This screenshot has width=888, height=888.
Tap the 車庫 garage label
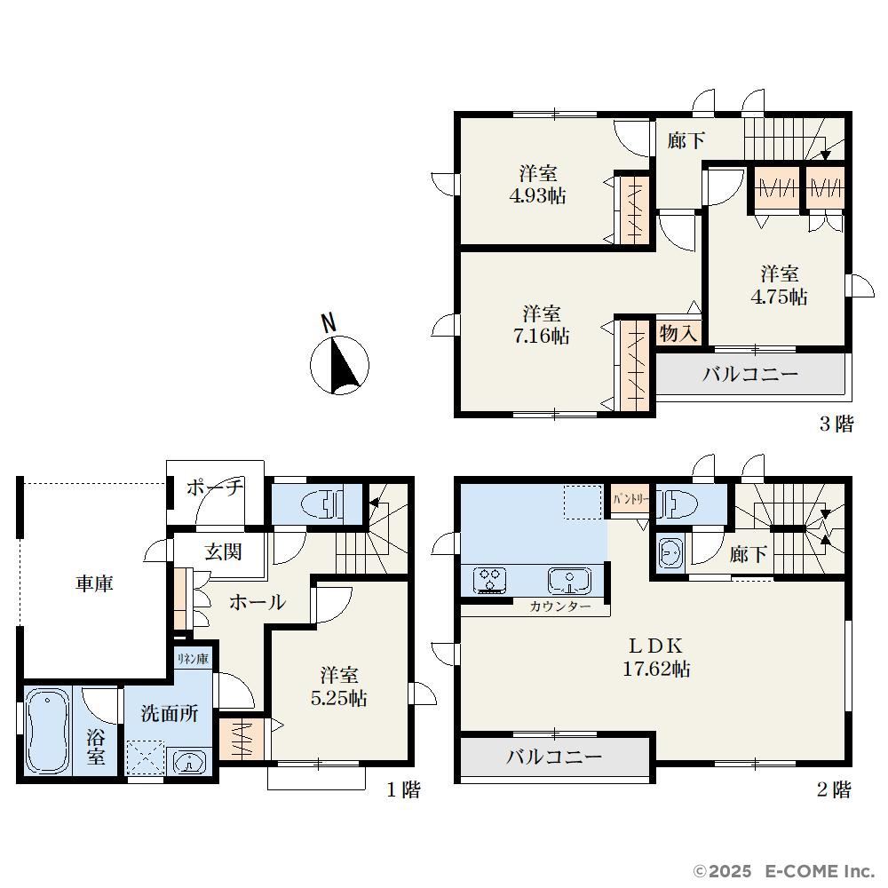click(x=94, y=584)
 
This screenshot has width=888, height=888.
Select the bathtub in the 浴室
click(x=48, y=731)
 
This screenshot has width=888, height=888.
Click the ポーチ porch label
click(x=215, y=487)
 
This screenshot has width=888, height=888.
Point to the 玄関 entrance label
click(x=224, y=552)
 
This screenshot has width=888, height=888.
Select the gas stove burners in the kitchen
click(x=489, y=581)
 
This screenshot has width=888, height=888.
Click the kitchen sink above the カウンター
click(x=569, y=581)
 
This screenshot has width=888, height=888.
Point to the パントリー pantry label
click(x=630, y=500)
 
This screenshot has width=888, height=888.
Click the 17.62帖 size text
click(x=656, y=670)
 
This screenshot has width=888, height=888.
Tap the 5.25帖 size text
click(x=338, y=698)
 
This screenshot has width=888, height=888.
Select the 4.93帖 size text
click(x=537, y=196)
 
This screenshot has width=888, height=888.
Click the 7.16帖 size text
click(x=542, y=337)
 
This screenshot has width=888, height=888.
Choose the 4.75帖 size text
click(x=780, y=297)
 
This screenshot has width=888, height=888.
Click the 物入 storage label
click(x=678, y=333)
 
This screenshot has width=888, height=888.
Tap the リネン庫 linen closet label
click(x=193, y=659)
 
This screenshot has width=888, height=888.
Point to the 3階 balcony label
click(x=750, y=375)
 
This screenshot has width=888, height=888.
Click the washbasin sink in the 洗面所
click(x=190, y=762)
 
